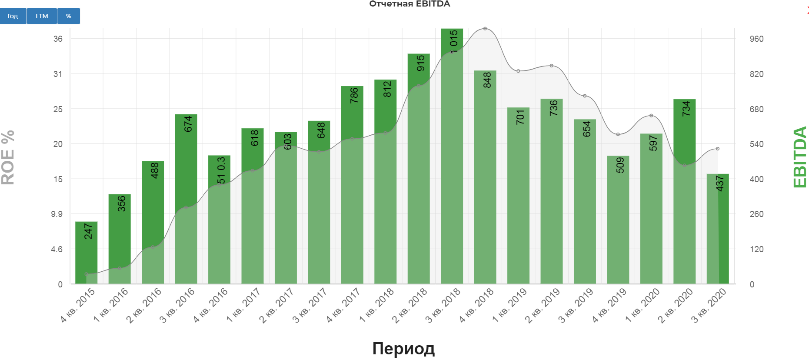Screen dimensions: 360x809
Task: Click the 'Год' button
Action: pos(13,16)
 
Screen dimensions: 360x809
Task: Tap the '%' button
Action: pos(69,16)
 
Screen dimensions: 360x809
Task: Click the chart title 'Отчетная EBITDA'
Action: pos(409,4)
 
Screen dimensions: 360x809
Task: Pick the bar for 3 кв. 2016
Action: pos(186,200)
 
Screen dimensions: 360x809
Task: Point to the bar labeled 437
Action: pos(718,230)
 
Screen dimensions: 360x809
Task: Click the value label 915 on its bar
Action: pos(420,63)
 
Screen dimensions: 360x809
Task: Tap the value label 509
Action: pos(620,165)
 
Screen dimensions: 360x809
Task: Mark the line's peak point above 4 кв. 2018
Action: pos(485,29)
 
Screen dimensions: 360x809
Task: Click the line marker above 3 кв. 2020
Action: pos(718,149)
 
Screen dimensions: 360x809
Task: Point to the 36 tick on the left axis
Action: pos(58,39)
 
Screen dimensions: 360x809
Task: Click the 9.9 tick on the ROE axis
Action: pos(57,214)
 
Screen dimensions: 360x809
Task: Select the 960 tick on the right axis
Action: pos(756,39)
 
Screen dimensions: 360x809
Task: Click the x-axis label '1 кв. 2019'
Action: pos(509,305)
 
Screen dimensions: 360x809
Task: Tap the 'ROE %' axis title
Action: pos(8,157)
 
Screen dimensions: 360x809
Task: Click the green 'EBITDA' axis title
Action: pos(800,157)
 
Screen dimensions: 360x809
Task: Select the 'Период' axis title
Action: pos(403,349)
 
